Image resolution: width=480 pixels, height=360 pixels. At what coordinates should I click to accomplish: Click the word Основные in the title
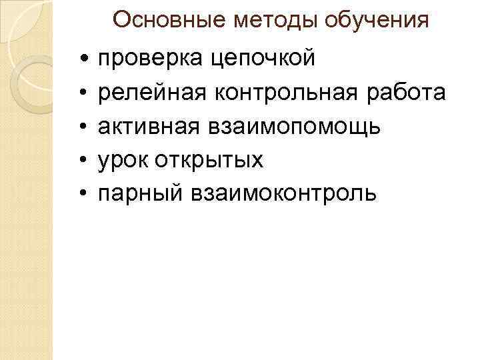tap(170, 20)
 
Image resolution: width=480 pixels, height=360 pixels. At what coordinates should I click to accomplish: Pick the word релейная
tap(152, 93)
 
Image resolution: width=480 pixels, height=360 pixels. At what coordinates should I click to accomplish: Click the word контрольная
tap(290, 93)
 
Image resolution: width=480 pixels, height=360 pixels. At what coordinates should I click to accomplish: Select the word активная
tap(149, 127)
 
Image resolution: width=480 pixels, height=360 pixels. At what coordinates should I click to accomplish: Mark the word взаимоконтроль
tap(283, 193)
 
